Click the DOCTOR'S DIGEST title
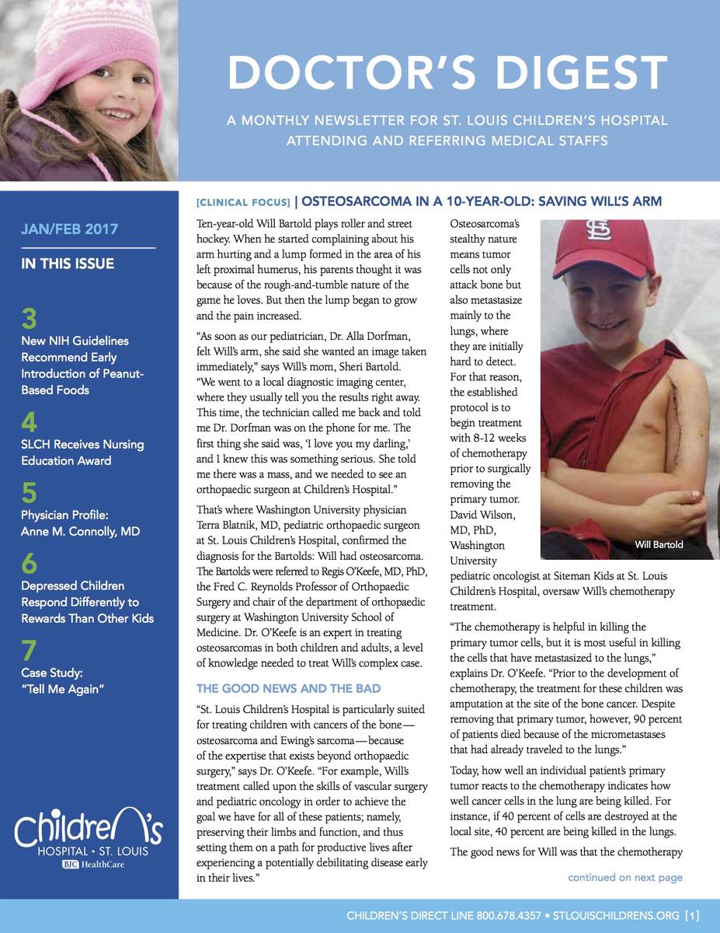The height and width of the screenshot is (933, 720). (447, 73)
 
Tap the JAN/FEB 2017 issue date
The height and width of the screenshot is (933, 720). (70, 229)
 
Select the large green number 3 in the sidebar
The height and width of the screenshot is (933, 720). (29, 319)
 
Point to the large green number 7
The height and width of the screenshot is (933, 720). (29, 651)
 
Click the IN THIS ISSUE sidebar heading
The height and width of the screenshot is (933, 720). (68, 264)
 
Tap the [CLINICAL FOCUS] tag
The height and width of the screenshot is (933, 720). (244, 203)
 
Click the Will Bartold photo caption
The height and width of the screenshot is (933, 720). (659, 544)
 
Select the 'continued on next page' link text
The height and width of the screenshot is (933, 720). (624, 878)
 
